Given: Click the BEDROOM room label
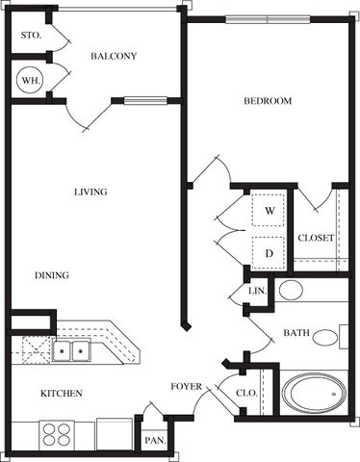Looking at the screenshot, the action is [x=268, y=101].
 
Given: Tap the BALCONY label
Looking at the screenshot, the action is [x=114, y=56].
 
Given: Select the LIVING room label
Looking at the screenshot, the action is [x=90, y=192].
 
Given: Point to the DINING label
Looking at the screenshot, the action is [x=52, y=275].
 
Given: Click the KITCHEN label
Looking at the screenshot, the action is [x=62, y=394].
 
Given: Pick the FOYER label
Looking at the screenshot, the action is [x=186, y=387].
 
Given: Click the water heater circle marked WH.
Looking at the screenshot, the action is [x=31, y=80].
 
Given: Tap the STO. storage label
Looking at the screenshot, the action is [x=31, y=36].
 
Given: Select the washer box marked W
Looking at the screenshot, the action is [x=269, y=210].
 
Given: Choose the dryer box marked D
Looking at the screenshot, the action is [x=269, y=253].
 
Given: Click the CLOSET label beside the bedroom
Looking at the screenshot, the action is [x=316, y=238].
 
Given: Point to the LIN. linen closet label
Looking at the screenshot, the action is [x=258, y=291].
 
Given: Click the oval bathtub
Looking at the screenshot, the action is [x=315, y=393].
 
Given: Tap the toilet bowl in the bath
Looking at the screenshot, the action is [x=325, y=338].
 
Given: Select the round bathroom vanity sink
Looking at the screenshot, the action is [x=291, y=290].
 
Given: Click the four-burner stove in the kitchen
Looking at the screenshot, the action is [x=57, y=434].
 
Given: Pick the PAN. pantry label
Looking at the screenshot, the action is [x=155, y=441].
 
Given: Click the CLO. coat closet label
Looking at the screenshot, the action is [x=246, y=393].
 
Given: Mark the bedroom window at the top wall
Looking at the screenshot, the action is [x=268, y=20].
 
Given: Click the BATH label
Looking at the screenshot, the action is [x=296, y=333].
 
